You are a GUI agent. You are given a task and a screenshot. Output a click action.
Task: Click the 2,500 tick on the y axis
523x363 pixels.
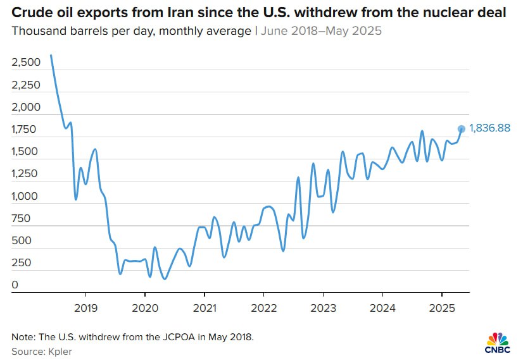pyautogui.click(x=26, y=63)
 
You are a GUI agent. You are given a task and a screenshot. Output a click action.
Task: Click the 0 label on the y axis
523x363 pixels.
pyautogui.click(x=15, y=286)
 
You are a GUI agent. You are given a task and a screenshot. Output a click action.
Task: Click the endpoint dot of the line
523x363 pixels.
pyautogui.click(x=462, y=129)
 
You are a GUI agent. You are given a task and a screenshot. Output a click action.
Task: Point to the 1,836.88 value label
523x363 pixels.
pyautogui.click(x=489, y=129)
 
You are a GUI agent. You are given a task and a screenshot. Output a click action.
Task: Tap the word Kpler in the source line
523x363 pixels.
pyautogui.click(x=58, y=351)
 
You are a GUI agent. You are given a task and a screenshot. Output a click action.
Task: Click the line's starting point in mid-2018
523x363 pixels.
pyautogui.click(x=51, y=56)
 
